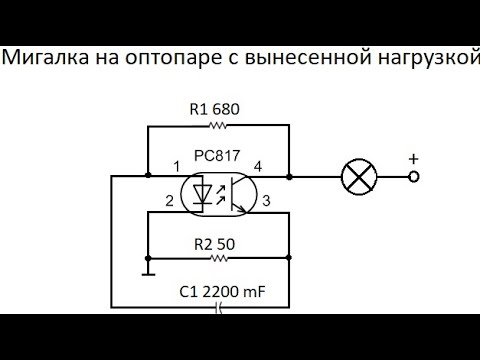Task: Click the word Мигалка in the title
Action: tap(42, 58)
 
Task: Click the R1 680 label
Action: tap(215, 108)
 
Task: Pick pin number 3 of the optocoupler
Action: tap(266, 202)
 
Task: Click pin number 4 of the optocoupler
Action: tap(258, 165)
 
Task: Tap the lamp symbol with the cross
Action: tap(356, 177)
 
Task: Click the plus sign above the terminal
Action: tap(411, 158)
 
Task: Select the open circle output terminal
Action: tap(411, 177)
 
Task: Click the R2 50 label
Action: tap(215, 241)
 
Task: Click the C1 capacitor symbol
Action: tap(219, 308)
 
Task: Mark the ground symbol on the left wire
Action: tap(146, 271)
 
